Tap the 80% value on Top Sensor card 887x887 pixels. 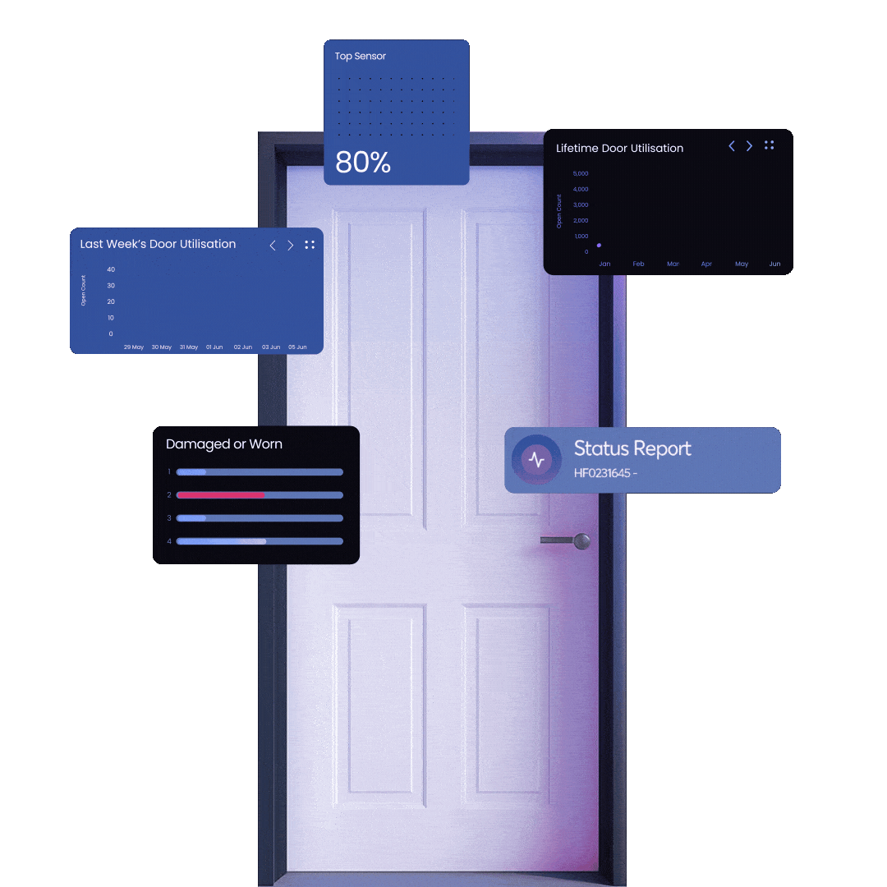pos(363,162)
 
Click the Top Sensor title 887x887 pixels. pos(360,57)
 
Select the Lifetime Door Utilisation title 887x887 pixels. pos(619,149)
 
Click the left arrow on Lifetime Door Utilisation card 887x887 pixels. pos(732,146)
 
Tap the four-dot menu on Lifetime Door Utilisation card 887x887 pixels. pos(770,145)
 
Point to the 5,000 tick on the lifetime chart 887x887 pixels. pos(580,174)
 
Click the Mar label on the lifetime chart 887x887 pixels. pos(673,264)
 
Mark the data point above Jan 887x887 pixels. pos(599,245)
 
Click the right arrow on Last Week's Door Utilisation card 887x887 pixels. pos(290,245)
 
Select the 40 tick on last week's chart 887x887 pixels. pos(111,269)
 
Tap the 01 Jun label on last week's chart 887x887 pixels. pos(214,347)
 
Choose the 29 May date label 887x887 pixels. pos(134,347)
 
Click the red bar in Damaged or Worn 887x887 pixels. pos(220,495)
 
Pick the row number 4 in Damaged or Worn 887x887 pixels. pos(169,541)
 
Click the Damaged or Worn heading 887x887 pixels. pos(224,444)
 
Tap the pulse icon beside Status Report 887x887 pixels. pos(536,460)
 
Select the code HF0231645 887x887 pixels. pos(602,474)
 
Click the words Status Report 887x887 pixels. pos(632,448)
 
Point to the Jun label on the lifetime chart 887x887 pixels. pos(774,264)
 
